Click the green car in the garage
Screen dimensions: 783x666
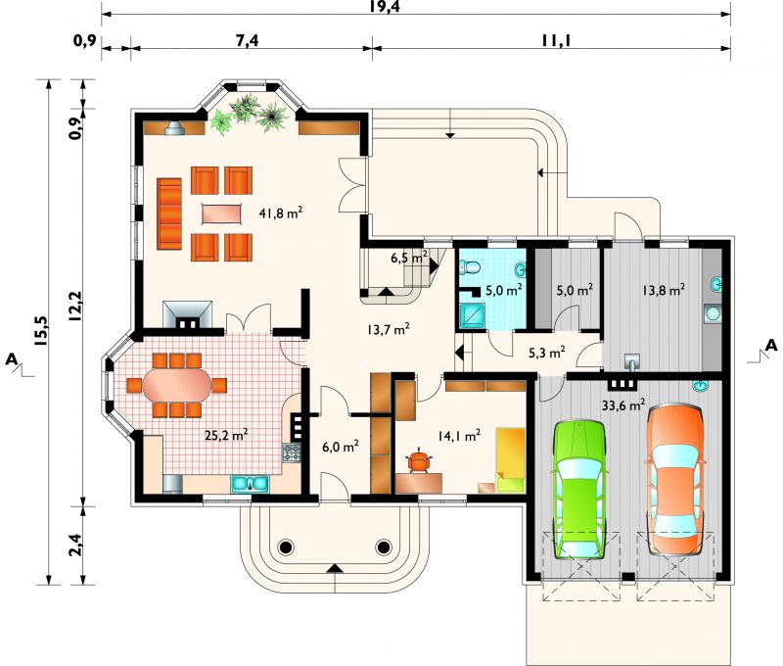tap(578, 490)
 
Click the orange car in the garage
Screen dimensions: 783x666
tap(675, 480)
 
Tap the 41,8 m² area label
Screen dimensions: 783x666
tap(281, 213)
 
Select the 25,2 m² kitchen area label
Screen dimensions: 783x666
tap(227, 435)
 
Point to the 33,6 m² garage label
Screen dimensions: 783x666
tap(623, 404)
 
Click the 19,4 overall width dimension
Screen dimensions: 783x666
tap(385, 7)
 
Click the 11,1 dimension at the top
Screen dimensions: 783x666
tap(556, 39)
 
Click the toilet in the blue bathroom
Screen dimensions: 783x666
tap(470, 267)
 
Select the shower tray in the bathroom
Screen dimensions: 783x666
tap(472, 315)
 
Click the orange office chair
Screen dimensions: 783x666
tap(420, 461)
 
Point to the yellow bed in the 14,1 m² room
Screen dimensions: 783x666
tap(510, 459)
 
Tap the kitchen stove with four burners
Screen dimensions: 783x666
tap(291, 452)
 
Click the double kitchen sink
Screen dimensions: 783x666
tap(250, 484)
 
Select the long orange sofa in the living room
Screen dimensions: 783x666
tap(169, 214)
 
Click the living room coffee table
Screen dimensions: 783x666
tap(222, 214)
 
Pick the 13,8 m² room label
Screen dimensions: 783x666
tap(664, 290)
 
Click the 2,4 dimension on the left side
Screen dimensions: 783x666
tap(75, 545)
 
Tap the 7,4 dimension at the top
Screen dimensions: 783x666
tap(248, 40)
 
